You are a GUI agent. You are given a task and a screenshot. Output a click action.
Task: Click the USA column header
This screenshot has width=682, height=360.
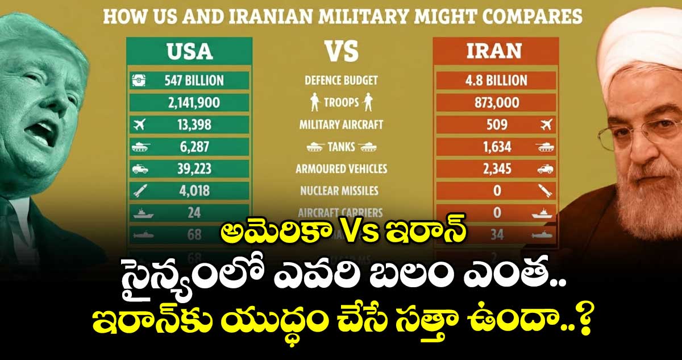(x=189, y=51)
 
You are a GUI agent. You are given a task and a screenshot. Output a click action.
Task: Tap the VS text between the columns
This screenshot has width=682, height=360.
(x=341, y=51)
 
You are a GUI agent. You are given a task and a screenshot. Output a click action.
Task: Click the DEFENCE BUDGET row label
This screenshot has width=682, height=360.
(x=341, y=80)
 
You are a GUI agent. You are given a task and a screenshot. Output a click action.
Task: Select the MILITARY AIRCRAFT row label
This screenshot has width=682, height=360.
(x=341, y=125)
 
